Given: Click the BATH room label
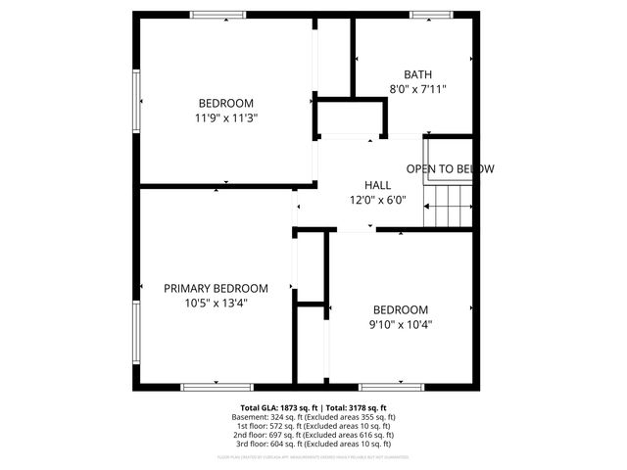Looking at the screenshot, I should [417, 74].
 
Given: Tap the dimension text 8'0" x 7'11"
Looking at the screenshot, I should [417, 89].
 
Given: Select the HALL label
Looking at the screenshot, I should [377, 185].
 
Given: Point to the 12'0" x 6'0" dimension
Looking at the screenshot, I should [377, 200].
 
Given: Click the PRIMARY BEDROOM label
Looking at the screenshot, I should [216, 288].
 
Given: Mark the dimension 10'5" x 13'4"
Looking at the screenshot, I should [216, 303].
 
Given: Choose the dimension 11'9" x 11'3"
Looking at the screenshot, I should [225, 117].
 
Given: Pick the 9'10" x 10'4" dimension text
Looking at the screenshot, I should [400, 324].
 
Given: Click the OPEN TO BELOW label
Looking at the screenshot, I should [451, 169].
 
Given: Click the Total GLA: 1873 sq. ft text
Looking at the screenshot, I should [278, 407].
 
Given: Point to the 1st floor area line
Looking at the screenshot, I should [314, 426].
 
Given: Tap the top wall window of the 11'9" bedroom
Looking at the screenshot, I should [217, 14].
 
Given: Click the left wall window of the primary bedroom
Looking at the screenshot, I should [136, 331].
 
